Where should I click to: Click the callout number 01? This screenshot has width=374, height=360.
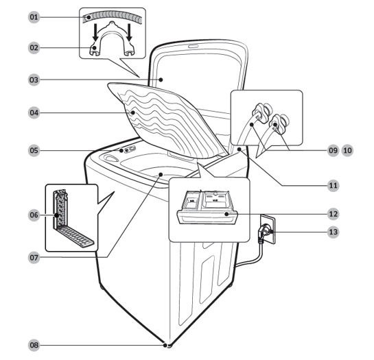[34, 17]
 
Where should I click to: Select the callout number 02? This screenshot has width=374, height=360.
[34, 48]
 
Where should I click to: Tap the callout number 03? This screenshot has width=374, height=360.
[34, 80]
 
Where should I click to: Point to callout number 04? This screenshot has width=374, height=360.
[34, 112]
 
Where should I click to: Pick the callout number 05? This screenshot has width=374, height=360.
[34, 151]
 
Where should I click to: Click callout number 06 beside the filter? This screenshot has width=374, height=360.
[34, 215]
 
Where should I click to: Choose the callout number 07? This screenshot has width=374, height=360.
[34, 258]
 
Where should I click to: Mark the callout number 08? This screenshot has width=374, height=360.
[34, 345]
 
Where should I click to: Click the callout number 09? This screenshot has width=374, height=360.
[333, 150]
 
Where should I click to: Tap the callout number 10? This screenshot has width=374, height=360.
[347, 150]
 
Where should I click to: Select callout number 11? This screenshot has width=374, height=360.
[334, 185]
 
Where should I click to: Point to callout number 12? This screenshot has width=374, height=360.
[334, 214]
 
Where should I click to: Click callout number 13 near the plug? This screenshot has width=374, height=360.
[334, 232]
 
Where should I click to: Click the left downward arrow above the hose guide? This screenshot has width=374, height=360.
[95, 32]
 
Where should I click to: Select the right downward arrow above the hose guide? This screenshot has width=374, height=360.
[130, 32]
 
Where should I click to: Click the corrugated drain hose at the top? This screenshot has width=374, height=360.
[113, 16]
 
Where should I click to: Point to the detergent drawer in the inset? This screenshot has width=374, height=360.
[207, 207]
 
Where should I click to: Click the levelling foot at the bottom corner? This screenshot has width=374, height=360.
[169, 345]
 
